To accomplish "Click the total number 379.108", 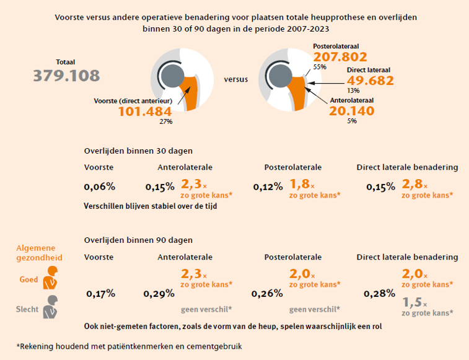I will pos(66,76).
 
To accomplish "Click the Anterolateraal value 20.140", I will pos(352,110).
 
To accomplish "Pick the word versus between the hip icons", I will pos(236,79).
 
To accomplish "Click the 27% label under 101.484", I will pos(166,122).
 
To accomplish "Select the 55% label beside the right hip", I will pos(320,66).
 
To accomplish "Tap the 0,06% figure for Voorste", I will pos(100,187).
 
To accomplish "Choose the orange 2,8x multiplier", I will pos(415,184).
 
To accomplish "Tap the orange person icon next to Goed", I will pos(50,279).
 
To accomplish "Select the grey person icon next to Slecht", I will pos(50,307).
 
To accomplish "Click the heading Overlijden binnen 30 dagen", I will pos(138,151).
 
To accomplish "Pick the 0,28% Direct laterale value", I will pos(379,293).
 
